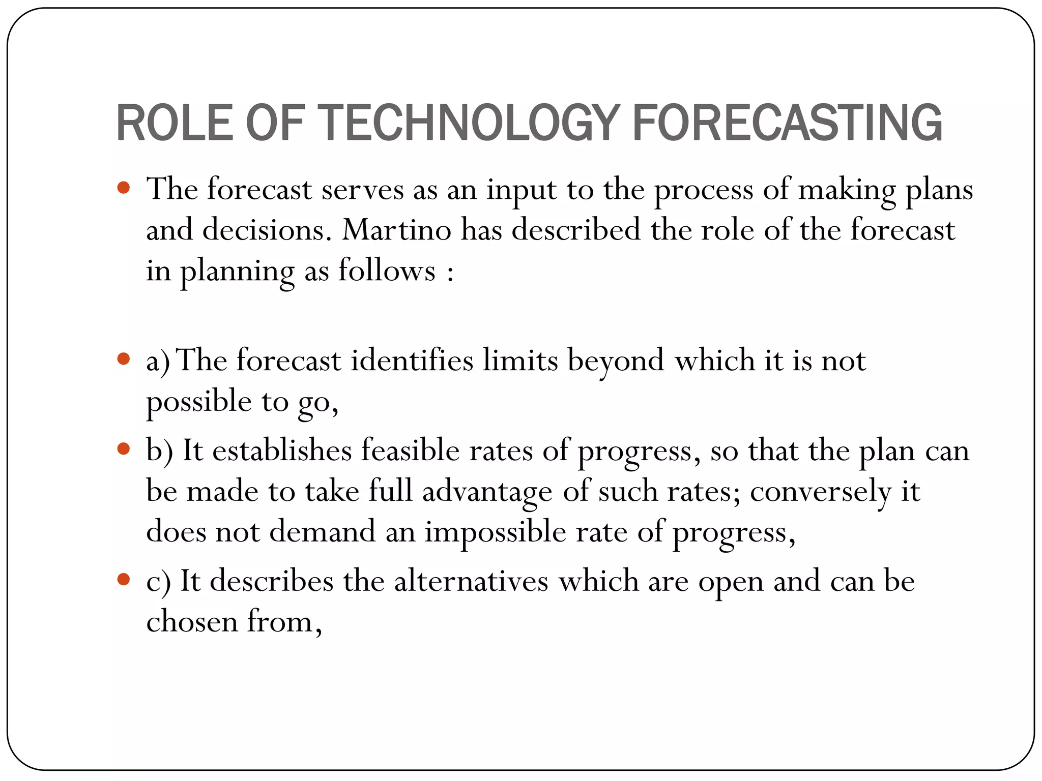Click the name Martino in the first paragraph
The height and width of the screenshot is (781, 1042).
[396, 230]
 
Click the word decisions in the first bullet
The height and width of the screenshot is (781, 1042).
[264, 230]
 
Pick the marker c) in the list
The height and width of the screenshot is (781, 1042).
[159, 582]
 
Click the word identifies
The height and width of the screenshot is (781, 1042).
[412, 361]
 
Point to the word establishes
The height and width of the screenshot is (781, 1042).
[282, 451]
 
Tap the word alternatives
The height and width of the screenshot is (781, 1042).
[471, 581]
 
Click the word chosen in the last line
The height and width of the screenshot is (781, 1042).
[192, 621]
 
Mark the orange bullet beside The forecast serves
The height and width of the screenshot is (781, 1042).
[124, 188]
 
